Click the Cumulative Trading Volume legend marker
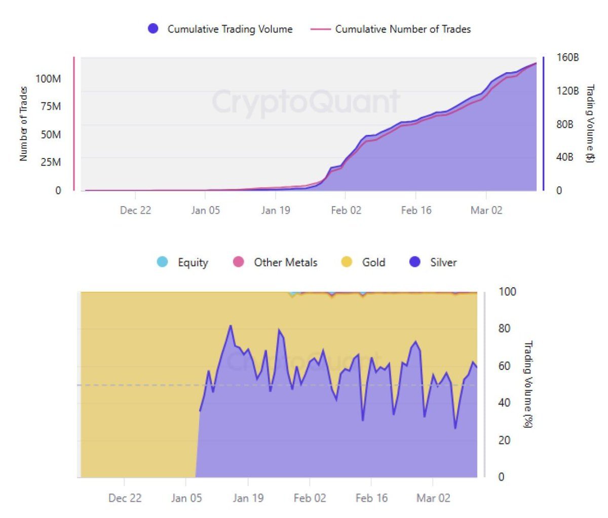[153, 29]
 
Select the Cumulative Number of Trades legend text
[403, 29]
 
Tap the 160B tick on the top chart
[567, 57]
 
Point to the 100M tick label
[48, 78]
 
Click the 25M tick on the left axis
[51, 162]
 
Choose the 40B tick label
[565, 157]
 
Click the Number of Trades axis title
[23, 124]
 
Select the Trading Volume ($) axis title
[590, 124]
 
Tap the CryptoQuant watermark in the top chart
[306, 101]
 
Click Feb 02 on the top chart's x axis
[346, 210]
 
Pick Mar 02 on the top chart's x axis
[486, 210]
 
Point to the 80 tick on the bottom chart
[504, 329]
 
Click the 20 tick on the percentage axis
[504, 440]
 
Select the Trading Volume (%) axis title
[527, 384]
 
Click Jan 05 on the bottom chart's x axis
[186, 498]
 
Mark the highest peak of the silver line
[231, 326]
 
